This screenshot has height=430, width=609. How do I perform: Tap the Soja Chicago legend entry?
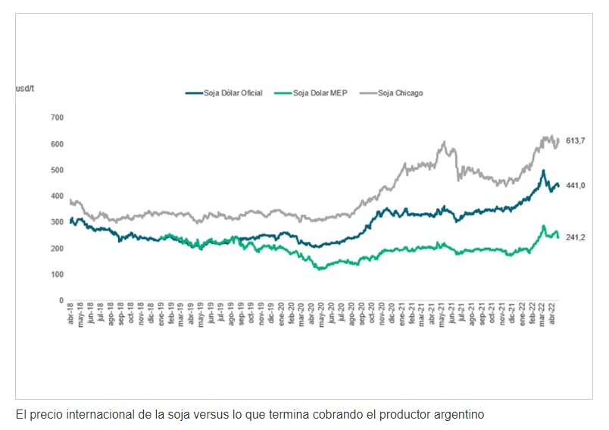400,93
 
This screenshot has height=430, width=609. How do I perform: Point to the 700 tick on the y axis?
57,118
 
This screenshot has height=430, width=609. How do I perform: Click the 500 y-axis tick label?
57,170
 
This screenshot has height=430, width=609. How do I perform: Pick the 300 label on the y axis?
57,222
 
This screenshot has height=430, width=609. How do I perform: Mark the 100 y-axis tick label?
57,275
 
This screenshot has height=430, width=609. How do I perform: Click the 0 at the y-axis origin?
61,300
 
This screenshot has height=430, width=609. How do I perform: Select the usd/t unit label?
25,89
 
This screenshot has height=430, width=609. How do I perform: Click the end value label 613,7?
576,141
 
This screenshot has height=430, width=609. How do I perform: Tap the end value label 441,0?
576,186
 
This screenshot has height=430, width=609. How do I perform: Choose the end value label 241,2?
576,237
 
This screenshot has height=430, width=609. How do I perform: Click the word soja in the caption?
173,414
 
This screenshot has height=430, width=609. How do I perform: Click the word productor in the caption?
394,414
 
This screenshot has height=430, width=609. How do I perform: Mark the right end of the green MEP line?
558,237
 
